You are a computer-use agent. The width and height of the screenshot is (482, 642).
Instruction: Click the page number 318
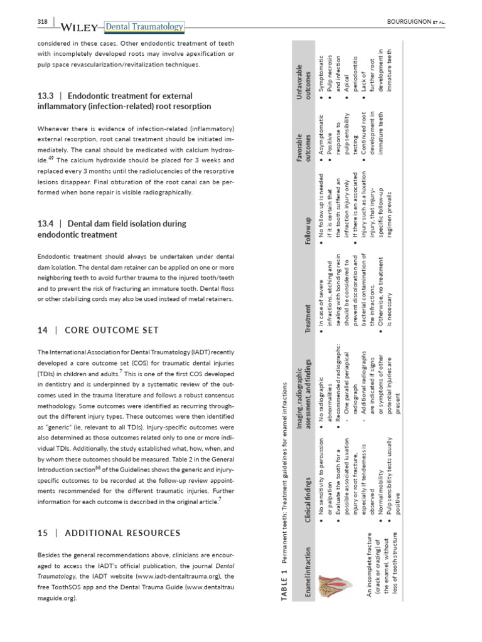click(43, 23)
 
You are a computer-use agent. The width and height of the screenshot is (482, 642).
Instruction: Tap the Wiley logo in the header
click(80, 27)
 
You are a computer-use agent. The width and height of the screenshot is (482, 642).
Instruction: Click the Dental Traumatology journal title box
click(144, 26)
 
